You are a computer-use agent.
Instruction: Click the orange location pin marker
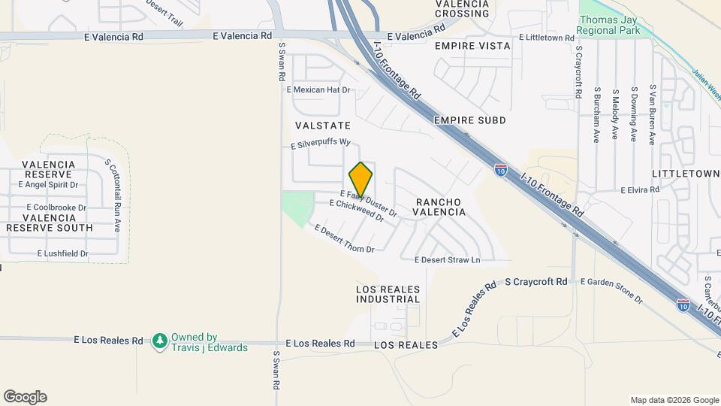coord(360,180)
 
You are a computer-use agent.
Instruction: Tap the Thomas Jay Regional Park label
coord(609,26)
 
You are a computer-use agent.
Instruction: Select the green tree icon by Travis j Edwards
coord(159,342)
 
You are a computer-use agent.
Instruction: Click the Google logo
coord(25,397)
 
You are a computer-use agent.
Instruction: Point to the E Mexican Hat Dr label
coord(318,89)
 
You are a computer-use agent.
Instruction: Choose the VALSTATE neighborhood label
coord(323,125)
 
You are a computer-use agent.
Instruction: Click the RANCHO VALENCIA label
coord(440,207)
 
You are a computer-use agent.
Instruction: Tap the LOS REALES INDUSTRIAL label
coord(388,293)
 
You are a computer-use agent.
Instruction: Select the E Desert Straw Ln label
coord(447,260)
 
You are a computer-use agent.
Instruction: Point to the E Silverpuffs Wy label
coord(321,142)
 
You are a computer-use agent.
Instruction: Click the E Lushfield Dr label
coord(63,254)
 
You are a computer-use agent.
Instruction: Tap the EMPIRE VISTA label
coord(472,46)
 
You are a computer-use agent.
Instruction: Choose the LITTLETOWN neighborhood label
coord(686,174)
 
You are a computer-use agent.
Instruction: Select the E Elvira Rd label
coord(639,190)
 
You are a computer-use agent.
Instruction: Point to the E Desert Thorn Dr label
coord(344,238)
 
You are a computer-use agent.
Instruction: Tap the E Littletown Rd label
coord(546,37)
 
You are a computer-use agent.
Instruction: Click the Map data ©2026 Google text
coord(674,400)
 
